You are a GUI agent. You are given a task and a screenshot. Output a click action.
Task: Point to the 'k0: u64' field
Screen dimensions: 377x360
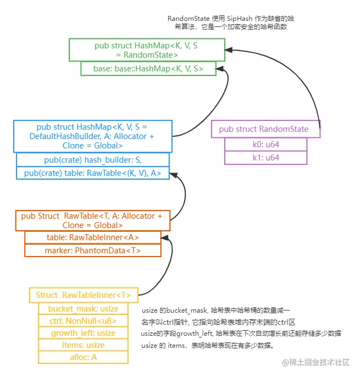point(265,144)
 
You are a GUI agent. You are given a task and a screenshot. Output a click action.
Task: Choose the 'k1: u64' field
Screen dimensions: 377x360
point(265,158)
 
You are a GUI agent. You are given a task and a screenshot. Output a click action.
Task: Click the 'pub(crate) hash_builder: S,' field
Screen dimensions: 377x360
point(93,159)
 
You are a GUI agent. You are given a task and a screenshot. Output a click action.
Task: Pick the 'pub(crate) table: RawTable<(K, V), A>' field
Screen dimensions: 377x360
point(93,173)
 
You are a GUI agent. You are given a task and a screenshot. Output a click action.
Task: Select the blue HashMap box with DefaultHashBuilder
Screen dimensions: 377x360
point(92,136)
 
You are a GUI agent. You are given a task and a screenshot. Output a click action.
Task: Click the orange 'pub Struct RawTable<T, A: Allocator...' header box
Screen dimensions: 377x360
point(92,220)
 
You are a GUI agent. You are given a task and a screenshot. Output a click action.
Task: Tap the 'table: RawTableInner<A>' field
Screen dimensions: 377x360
point(92,237)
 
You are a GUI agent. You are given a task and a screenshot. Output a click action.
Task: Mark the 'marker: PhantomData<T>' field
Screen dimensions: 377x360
point(92,251)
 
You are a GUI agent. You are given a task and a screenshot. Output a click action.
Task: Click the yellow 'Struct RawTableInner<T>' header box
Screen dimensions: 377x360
point(84,295)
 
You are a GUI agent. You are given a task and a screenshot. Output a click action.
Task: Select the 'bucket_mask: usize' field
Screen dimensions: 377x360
point(84,309)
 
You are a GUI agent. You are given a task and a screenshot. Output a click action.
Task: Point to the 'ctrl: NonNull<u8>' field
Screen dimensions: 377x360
point(84,321)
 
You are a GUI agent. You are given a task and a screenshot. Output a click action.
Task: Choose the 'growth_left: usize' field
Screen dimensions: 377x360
point(84,333)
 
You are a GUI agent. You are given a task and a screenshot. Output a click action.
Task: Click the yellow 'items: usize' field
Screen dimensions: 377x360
point(84,345)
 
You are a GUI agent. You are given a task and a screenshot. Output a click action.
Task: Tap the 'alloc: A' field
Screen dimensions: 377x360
point(84,357)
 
